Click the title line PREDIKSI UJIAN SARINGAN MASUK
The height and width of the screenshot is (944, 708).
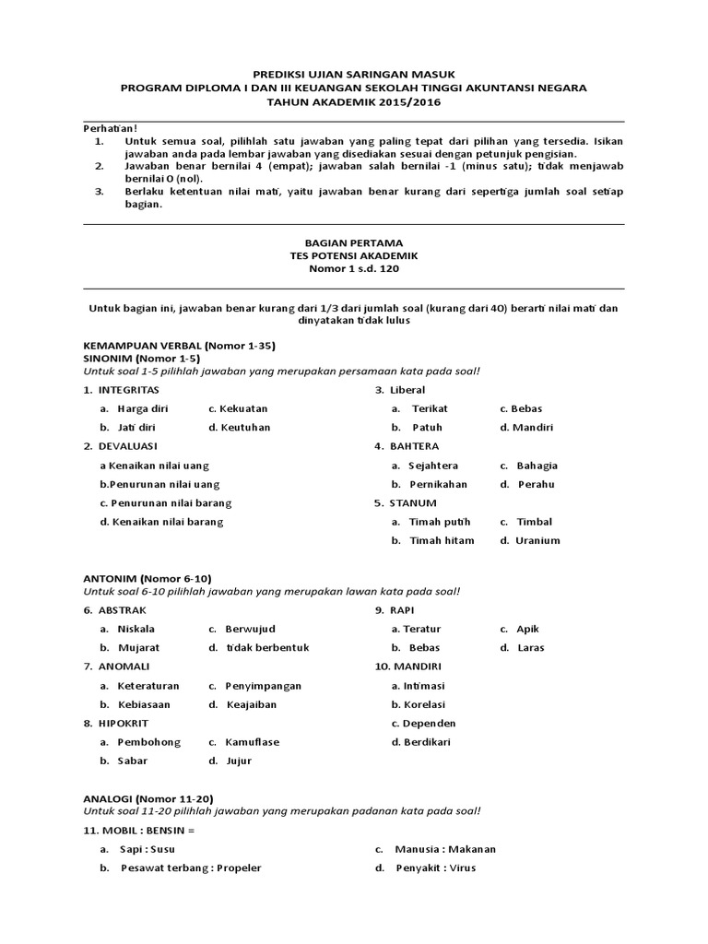354,73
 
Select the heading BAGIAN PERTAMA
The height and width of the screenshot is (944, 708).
354,242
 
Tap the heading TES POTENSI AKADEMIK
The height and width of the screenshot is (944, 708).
354,256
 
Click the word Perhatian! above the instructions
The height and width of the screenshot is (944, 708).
110,128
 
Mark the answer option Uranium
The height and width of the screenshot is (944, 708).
537,540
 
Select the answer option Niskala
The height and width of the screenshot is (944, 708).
136,629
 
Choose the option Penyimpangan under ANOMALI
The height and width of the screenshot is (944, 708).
263,686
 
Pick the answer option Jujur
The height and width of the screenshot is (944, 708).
238,761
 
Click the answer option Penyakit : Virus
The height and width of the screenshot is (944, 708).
436,867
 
